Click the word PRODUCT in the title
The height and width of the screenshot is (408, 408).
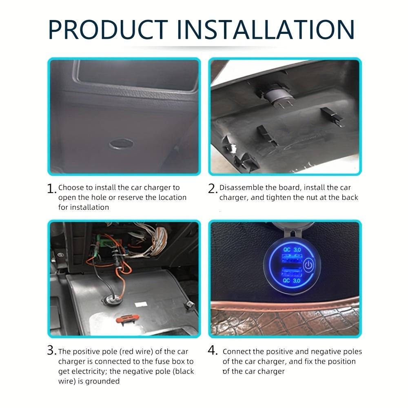tap(108, 29)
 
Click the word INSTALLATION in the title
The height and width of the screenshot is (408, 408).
tap(265, 29)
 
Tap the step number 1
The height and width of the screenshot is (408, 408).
tap(51, 189)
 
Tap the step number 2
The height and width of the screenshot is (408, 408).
tap(213, 188)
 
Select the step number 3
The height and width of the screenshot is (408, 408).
tap(51, 351)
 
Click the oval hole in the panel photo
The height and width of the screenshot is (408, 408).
tap(121, 144)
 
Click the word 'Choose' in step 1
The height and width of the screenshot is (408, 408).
tap(71, 188)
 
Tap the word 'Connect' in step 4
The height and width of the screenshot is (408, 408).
tap(237, 352)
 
